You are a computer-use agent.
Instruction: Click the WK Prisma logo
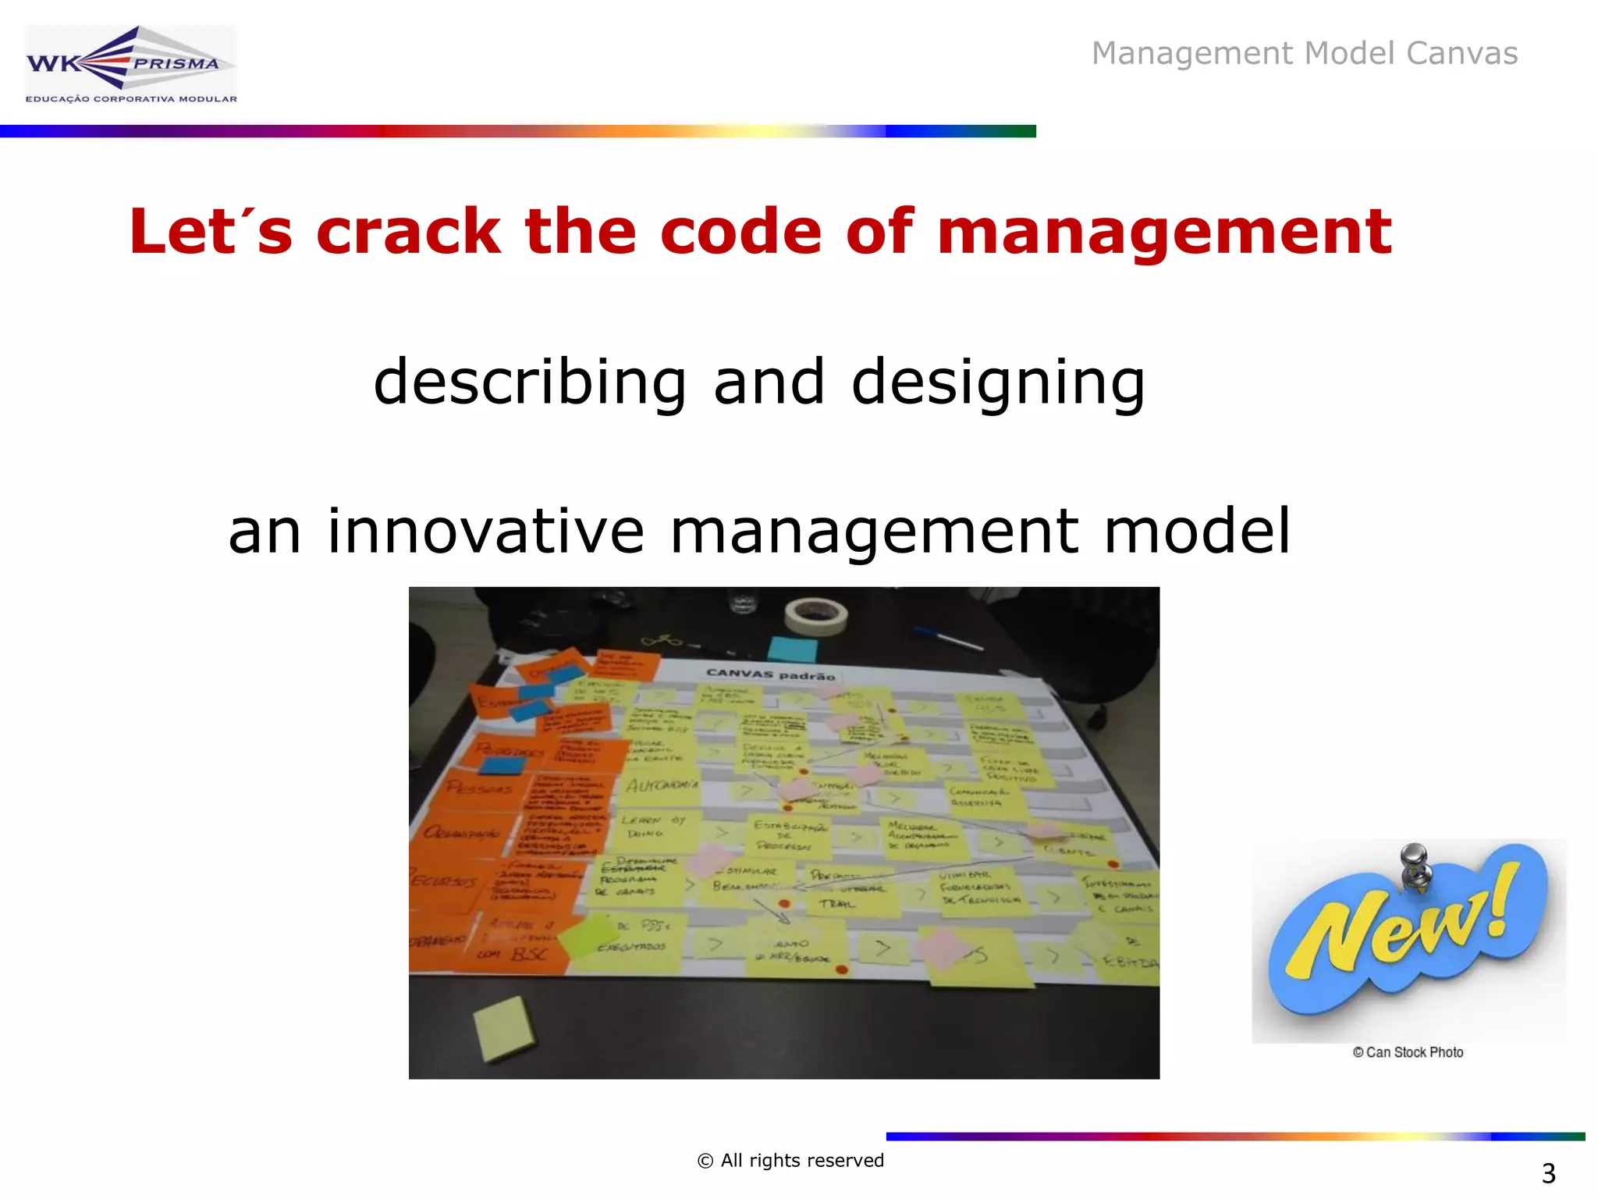click(x=130, y=65)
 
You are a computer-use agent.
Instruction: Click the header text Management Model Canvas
click(x=1304, y=53)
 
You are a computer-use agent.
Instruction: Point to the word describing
click(x=530, y=382)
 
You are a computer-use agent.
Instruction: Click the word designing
click(x=998, y=382)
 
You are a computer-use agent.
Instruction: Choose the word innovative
click(x=485, y=531)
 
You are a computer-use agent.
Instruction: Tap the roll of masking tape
click(x=816, y=616)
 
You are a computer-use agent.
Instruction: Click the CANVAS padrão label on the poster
click(x=770, y=674)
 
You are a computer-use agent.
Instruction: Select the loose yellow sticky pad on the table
click(x=504, y=1027)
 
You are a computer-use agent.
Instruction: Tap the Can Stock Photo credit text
click(x=1408, y=1052)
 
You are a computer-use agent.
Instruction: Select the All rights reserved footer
click(x=790, y=1161)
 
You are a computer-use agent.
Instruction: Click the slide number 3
click(x=1548, y=1173)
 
